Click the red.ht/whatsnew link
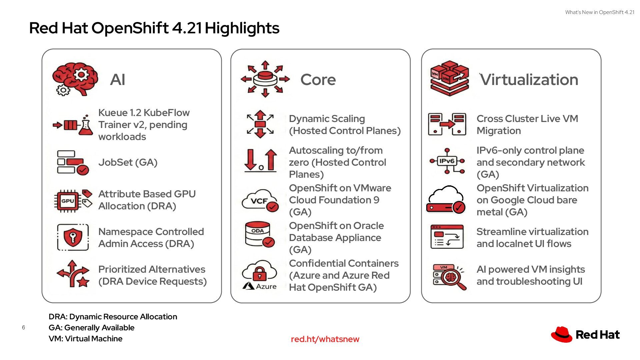[325, 339]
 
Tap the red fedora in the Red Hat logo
[561, 334]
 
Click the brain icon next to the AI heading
[76, 79]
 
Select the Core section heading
[318, 80]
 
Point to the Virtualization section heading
[529, 80]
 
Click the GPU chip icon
[68, 201]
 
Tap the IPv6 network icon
[447, 161]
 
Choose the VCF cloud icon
[260, 201]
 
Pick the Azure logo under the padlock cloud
[260, 286]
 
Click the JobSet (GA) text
[128, 162]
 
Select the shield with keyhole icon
[73, 237]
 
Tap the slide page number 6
[23, 327]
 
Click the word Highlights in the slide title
[242, 28]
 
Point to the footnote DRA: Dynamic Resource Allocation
[113, 317]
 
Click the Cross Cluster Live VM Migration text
[527, 125]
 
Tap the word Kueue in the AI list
[113, 113]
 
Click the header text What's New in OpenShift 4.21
[599, 12]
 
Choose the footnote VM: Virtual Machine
[85, 339]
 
